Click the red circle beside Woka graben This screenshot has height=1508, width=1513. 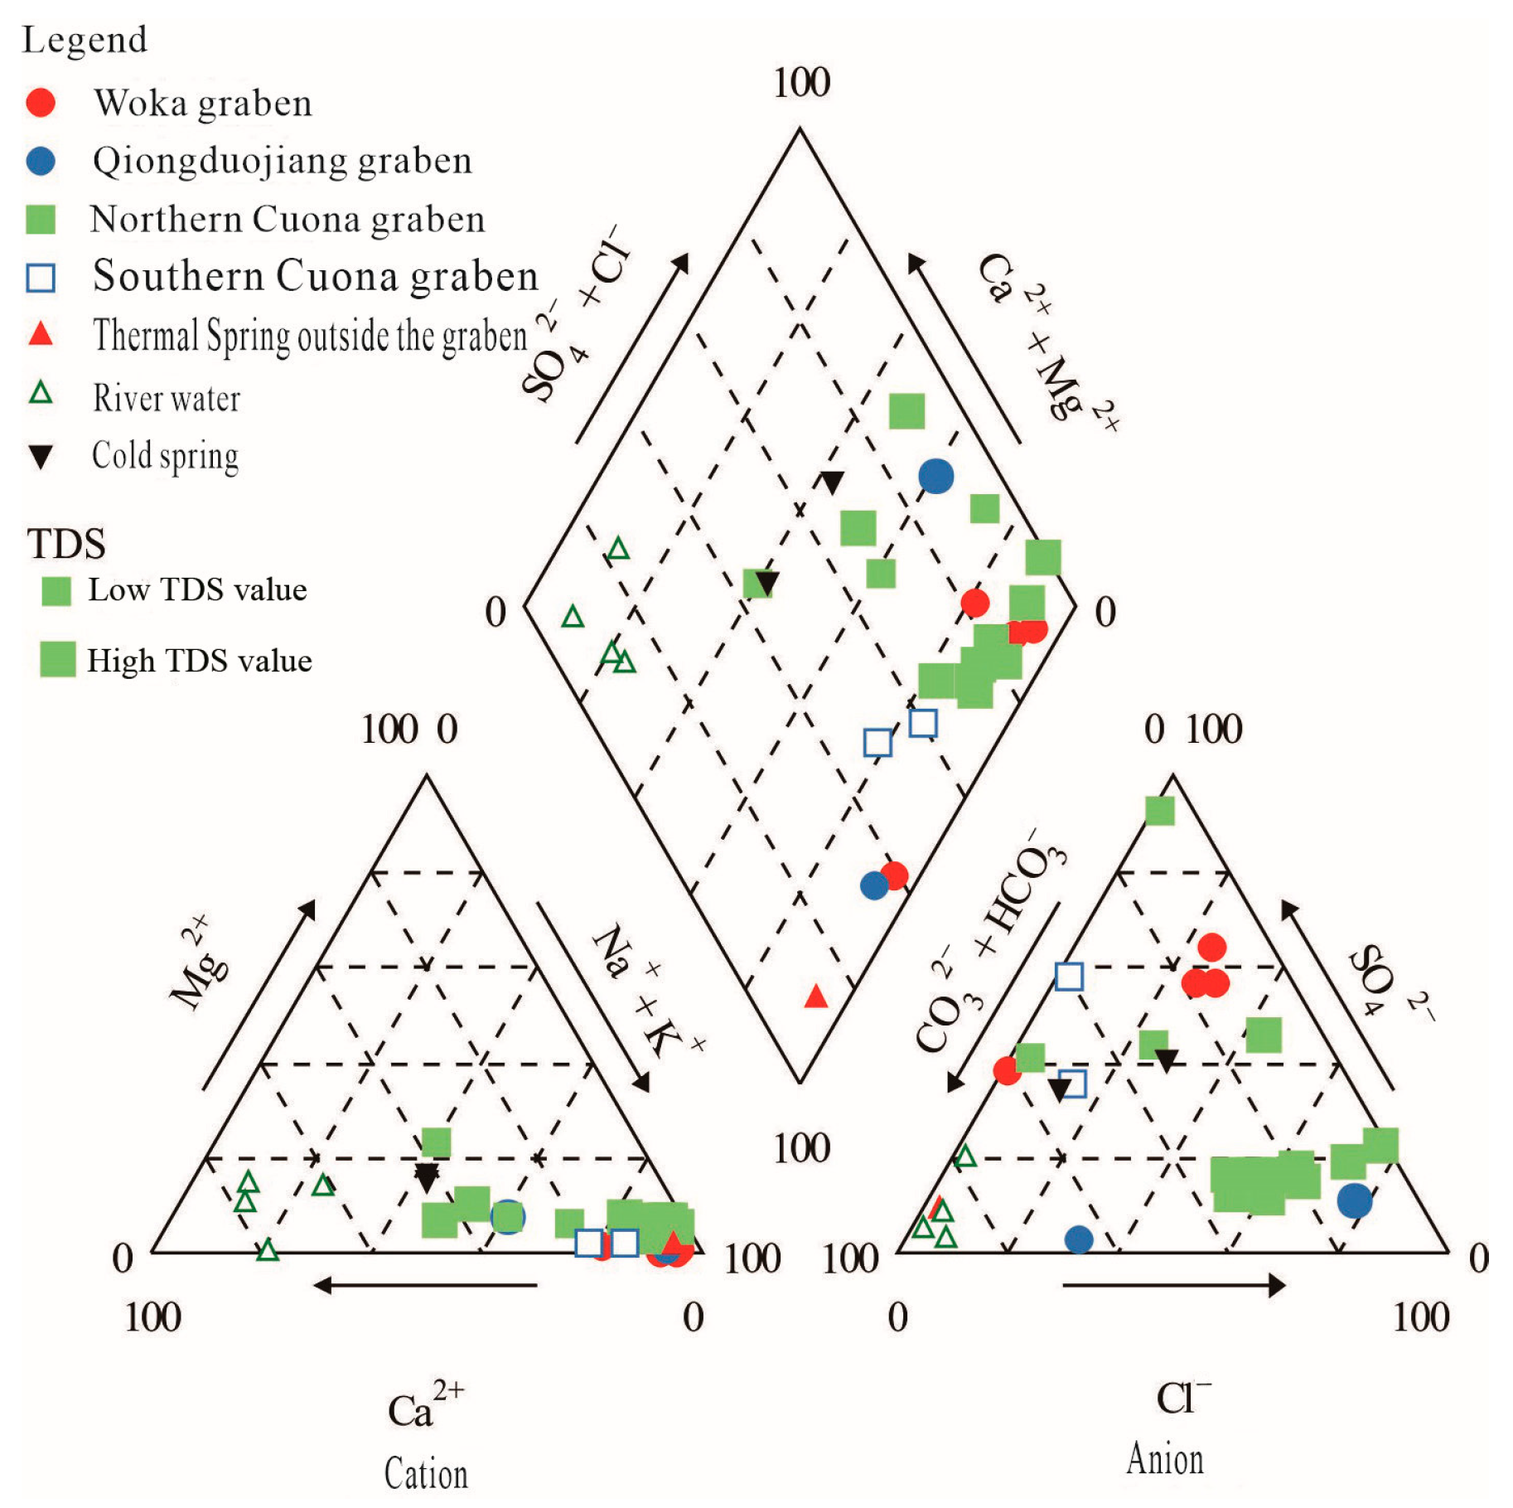pos(41,102)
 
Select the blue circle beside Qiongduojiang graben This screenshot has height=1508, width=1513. pos(41,161)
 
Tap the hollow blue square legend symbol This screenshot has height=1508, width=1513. pos(41,278)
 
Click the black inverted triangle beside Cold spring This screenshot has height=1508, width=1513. pos(41,456)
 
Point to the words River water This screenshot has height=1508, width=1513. pos(167,398)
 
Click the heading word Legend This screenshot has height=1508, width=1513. pos(85,40)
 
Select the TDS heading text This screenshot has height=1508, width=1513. pos(66,544)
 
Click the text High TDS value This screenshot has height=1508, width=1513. pos(200,661)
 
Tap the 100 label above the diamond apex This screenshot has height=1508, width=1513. pos(801,83)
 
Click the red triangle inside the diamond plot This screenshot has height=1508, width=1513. pos(816,996)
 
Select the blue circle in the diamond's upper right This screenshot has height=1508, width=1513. pos(935,476)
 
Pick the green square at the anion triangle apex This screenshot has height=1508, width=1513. pos(1159,810)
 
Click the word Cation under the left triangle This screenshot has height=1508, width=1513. pos(426,1473)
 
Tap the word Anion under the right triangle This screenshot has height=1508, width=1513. pos(1164,1459)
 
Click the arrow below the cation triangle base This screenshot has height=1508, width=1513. pos(425,1285)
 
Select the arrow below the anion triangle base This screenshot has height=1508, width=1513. pos(1173,1285)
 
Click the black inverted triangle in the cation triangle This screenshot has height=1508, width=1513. pos(426,1177)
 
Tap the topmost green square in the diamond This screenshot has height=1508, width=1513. pos(906,411)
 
